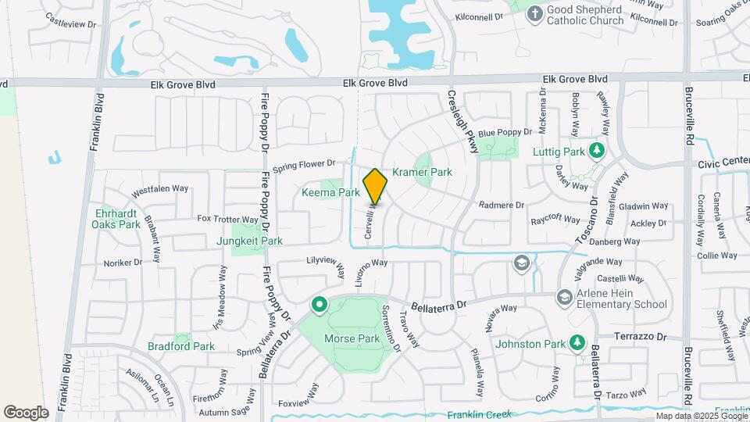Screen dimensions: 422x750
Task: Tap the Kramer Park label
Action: tap(422, 172)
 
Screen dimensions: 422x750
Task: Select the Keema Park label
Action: tap(330, 192)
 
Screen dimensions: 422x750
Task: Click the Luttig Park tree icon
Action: tap(598, 150)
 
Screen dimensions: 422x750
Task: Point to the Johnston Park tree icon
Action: tap(577, 342)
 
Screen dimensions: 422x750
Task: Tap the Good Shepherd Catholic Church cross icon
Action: tap(535, 13)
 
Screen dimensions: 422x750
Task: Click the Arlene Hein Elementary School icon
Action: tap(564, 297)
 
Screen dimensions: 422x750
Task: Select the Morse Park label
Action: tap(357, 339)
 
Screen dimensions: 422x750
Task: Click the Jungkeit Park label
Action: tap(250, 241)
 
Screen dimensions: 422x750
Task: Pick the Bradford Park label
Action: tap(181, 346)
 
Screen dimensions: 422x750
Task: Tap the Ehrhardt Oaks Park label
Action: tap(117, 218)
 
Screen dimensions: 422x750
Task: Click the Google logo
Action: tap(26, 412)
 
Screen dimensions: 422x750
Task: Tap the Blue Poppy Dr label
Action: tap(505, 133)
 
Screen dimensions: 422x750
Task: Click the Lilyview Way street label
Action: tap(338, 265)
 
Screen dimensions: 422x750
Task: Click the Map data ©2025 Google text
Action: tap(700, 416)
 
